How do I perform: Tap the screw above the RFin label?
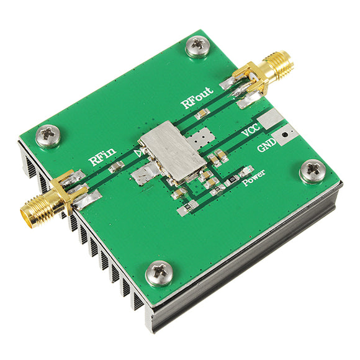click(48, 136)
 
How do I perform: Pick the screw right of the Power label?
click(311, 171)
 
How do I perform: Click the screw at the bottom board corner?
click(160, 273)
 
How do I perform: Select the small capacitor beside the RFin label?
click(115, 167)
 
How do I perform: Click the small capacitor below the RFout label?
click(200, 115)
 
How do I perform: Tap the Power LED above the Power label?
click(246, 171)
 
